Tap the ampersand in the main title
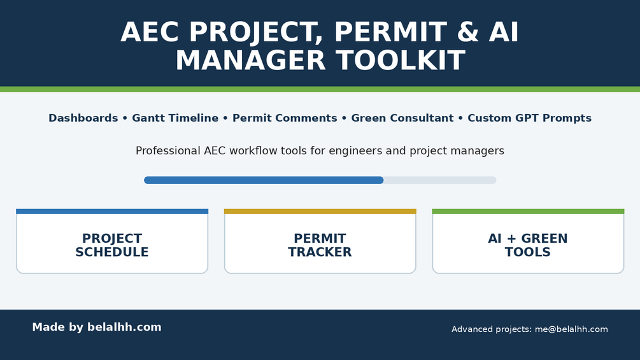click(468, 32)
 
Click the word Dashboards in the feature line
click(83, 118)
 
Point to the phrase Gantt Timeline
click(175, 118)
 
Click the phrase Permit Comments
click(285, 118)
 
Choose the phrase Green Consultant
click(402, 118)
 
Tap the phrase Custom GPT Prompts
click(529, 118)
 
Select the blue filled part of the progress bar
click(264, 180)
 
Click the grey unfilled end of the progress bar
click(440, 180)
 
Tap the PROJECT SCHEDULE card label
click(112, 245)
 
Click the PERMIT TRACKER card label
click(320, 245)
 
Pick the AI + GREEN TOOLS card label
click(528, 245)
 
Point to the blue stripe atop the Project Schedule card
click(112, 212)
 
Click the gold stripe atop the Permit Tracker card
click(320, 212)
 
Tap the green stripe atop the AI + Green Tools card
click(528, 212)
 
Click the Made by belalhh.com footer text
click(97, 328)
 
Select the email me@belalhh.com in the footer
click(571, 329)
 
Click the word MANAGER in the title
click(251, 61)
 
